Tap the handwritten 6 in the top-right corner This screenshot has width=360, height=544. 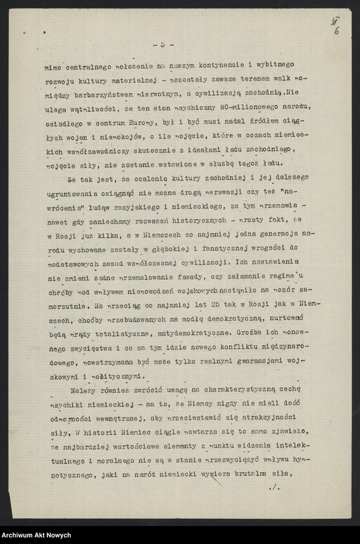click(337, 31)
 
